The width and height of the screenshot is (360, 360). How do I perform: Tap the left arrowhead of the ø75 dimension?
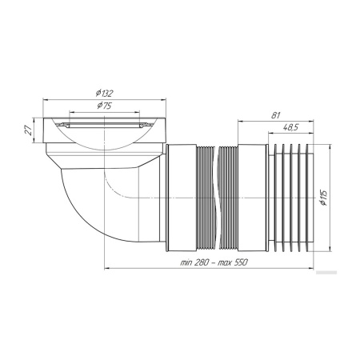71,112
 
